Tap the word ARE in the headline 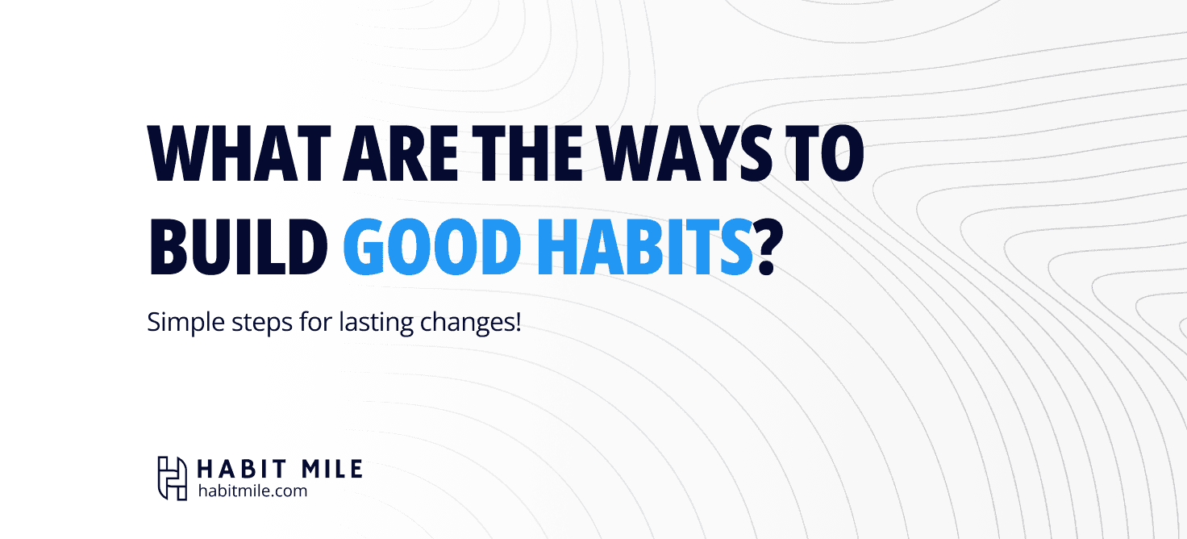click(401, 153)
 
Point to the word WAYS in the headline click(685, 153)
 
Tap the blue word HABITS click(645, 246)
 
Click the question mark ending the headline click(768, 246)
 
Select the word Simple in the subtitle click(186, 323)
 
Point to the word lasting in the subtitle click(376, 323)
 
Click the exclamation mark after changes click(518, 322)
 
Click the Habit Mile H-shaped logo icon click(173, 478)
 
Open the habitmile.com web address click(252, 491)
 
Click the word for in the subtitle click(316, 322)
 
